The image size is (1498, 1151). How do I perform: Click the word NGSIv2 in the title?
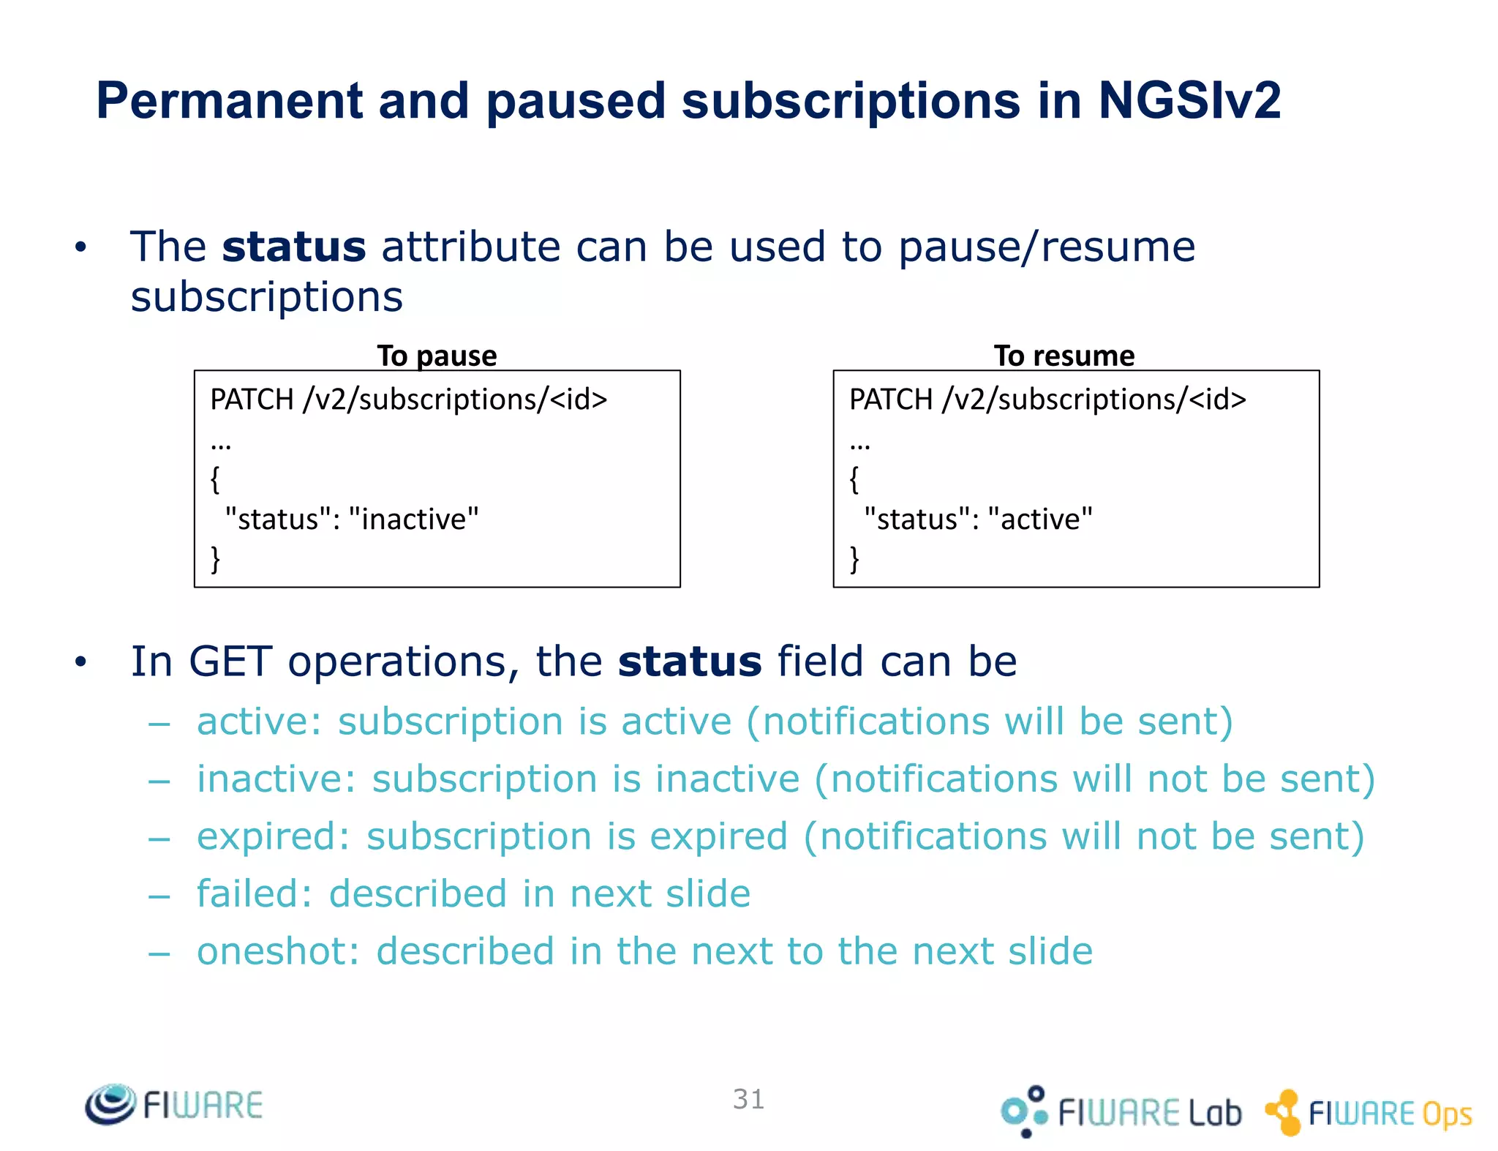click(x=1189, y=101)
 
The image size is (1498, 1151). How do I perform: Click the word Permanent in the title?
click(x=229, y=101)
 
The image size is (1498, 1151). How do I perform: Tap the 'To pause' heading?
click(x=437, y=356)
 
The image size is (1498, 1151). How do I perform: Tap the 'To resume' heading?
click(x=1064, y=356)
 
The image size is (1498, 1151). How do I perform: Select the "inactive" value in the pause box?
click(x=413, y=519)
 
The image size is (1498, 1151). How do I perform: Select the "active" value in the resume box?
click(x=1039, y=519)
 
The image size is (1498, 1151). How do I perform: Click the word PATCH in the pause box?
click(x=252, y=400)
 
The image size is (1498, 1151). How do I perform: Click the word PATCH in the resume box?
click(x=890, y=400)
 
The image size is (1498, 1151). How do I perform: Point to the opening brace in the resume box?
click(x=854, y=480)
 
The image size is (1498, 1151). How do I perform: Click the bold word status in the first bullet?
click(x=293, y=247)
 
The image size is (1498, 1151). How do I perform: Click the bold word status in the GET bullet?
click(x=689, y=661)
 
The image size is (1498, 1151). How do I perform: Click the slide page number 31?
click(x=748, y=1099)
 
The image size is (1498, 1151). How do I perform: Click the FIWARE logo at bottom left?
click(x=174, y=1104)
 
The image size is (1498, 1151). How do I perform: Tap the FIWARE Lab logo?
click(x=1121, y=1111)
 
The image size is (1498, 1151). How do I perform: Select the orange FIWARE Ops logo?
click(x=1368, y=1112)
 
